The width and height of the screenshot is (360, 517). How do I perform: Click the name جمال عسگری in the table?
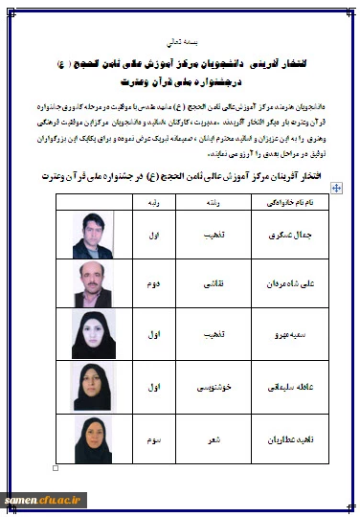point(284,233)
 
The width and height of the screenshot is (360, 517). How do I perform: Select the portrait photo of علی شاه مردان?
point(97,284)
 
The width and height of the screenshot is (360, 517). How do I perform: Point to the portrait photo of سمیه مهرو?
point(97,335)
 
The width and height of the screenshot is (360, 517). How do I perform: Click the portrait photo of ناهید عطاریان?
point(97,439)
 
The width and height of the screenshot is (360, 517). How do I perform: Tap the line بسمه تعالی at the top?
point(179,42)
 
